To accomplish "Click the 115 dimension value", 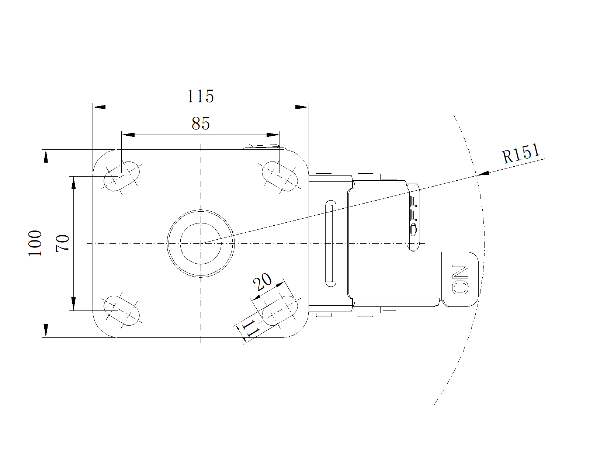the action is pyautogui.click(x=200, y=96).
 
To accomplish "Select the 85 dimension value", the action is pyautogui.click(x=201, y=124).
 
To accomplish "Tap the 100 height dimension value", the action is pyautogui.click(x=35, y=243).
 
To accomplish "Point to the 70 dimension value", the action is pyautogui.click(x=63, y=243).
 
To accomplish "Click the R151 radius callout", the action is pyautogui.click(x=521, y=154).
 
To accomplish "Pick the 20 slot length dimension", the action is pyautogui.click(x=262, y=282).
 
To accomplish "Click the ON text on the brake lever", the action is pyautogui.click(x=460, y=279).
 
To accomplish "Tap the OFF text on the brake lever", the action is pyautogui.click(x=413, y=215).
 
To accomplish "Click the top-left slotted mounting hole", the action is pyautogui.click(x=121, y=176).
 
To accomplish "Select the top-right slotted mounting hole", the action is pyautogui.click(x=280, y=176).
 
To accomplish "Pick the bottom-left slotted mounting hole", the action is pyautogui.click(x=121, y=310).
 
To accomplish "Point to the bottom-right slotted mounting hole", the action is pyautogui.click(x=280, y=310).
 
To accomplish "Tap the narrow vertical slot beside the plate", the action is pyautogui.click(x=331, y=243).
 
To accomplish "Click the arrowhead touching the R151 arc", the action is pyautogui.click(x=483, y=173).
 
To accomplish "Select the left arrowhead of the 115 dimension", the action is pyautogui.click(x=99, y=107).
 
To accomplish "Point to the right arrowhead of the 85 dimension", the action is pyautogui.click(x=273, y=135).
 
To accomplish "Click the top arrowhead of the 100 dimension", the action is pyautogui.click(x=46, y=156).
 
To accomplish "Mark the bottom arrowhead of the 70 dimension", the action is pyautogui.click(x=73, y=304).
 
